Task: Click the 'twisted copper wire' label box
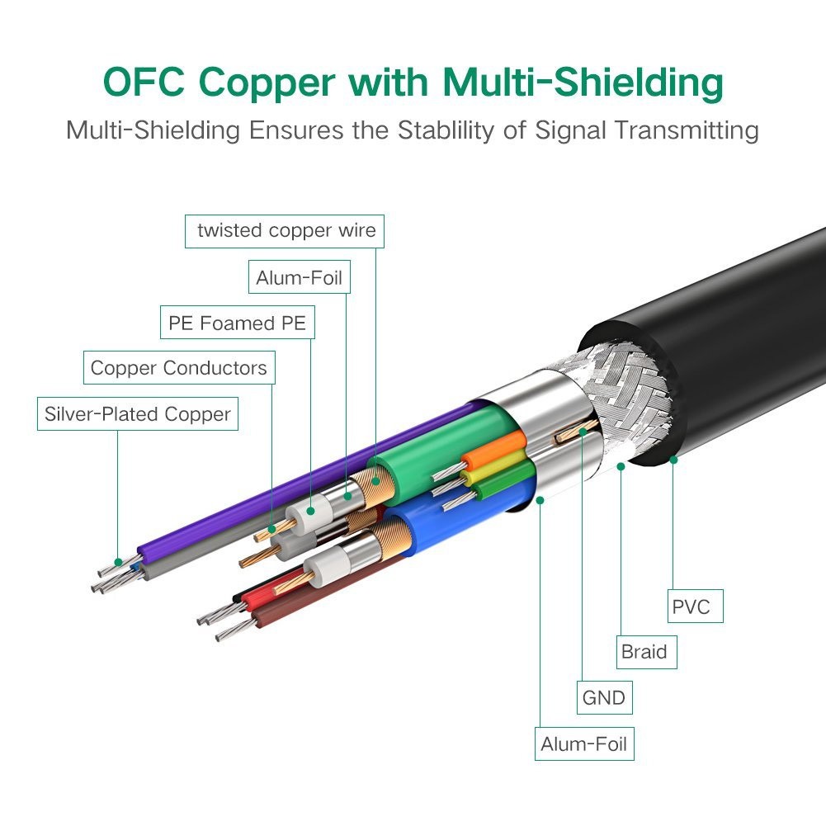pos(285,231)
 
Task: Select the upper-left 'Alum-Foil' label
pos(300,277)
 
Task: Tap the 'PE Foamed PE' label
pos(237,323)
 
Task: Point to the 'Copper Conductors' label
pos(179,368)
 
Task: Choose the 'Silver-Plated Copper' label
pos(138,413)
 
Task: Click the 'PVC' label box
pos(696,606)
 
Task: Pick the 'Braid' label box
pos(646,652)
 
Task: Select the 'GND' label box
pos(604,697)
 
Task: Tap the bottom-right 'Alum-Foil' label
pos(584,743)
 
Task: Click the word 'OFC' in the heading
pos(144,82)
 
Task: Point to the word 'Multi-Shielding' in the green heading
pos(583,83)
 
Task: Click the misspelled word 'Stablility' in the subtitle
pos(445,130)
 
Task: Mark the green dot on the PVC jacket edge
pos(673,460)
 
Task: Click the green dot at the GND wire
pos(583,432)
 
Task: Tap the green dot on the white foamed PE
pos(310,511)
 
